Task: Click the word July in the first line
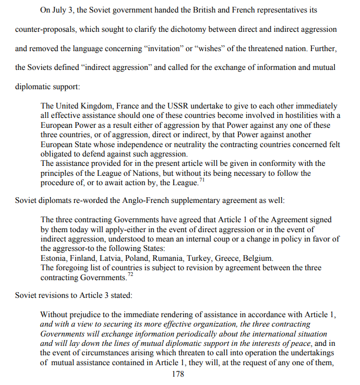67,10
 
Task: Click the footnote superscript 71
202,180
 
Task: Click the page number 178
178,374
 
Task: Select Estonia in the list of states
54,258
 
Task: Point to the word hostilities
297,116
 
